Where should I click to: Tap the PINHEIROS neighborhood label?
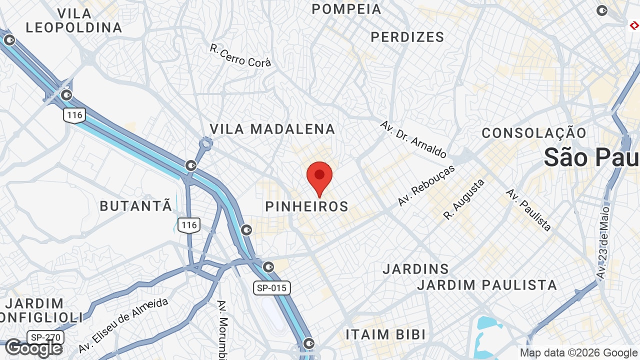306,206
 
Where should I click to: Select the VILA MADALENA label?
272,129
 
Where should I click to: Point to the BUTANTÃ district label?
136,205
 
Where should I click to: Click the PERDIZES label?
407,37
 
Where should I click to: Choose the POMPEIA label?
346,9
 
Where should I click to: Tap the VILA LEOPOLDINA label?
74,20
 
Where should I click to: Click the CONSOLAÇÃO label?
534,133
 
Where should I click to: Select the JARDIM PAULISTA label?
487,285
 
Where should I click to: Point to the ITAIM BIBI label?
385,334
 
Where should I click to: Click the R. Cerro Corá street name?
240,56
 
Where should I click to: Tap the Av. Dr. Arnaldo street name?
413,139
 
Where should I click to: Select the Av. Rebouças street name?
426,185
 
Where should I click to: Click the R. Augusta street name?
464,199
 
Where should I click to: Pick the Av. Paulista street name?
528,209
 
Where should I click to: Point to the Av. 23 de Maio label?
603,242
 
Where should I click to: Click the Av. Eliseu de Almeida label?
123,325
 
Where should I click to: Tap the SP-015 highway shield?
271,288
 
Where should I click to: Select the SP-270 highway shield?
42,337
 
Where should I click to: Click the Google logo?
33,348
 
